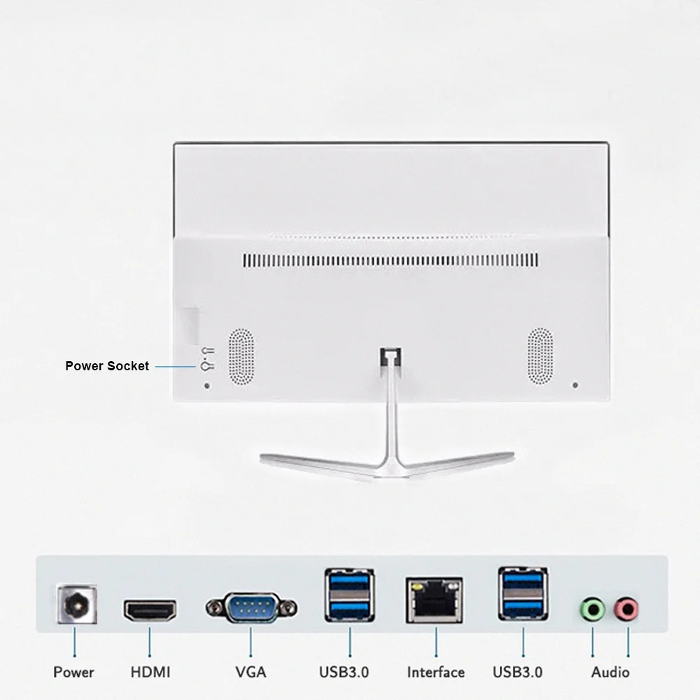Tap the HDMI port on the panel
[150, 610]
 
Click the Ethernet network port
[435, 600]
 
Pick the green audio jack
[592, 609]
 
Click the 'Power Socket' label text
[107, 366]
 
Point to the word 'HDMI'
[150, 673]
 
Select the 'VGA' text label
[251, 673]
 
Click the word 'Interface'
[435, 673]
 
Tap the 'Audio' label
[610, 673]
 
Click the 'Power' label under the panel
[74, 673]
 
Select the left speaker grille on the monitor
[241, 357]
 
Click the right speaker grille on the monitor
[540, 357]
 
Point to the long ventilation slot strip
[391, 260]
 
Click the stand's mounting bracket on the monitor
[391, 357]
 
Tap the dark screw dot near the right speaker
[575, 385]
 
